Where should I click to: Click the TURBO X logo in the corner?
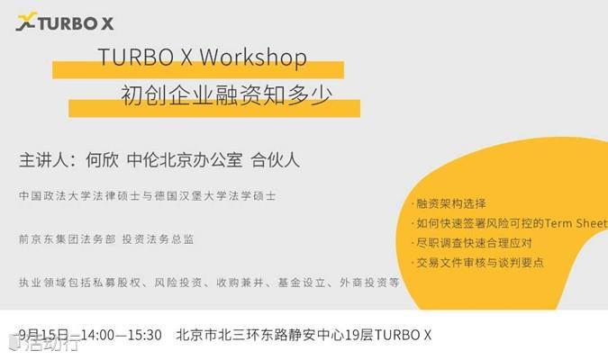[x=65, y=22]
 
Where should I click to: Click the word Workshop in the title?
[x=253, y=58]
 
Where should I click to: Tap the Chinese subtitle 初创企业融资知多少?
[x=226, y=94]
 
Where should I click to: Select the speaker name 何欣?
[x=103, y=159]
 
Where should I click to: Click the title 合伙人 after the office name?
[x=276, y=159]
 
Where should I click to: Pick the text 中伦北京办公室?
[x=185, y=159]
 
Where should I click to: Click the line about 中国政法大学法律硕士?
[x=148, y=195]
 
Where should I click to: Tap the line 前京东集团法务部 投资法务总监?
[x=106, y=239]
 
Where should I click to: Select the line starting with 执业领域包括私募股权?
[x=209, y=283]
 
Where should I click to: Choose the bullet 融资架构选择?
[x=450, y=203]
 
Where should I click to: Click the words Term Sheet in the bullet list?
[x=576, y=223]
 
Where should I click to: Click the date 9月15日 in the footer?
[x=43, y=335]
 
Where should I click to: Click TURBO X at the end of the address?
[x=403, y=335]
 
